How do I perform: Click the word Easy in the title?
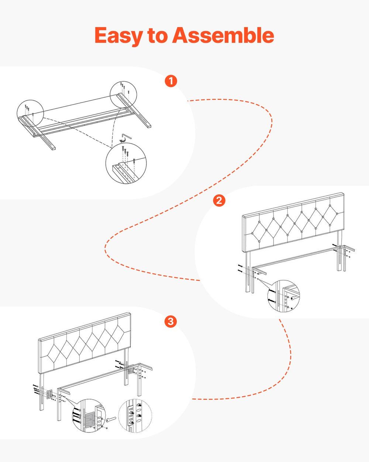tap(119, 36)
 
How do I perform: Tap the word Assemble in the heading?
tap(223, 35)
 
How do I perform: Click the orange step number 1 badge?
tap(171, 81)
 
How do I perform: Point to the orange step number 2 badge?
tap(219, 200)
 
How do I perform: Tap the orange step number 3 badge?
tap(171, 322)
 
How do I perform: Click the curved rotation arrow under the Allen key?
tap(123, 140)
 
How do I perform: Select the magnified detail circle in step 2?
tap(284, 296)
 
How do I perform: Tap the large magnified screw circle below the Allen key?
tap(126, 163)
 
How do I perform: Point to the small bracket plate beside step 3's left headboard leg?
tap(49, 394)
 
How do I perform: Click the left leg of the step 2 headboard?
tap(248, 272)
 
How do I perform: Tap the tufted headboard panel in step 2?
tap(293, 222)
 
